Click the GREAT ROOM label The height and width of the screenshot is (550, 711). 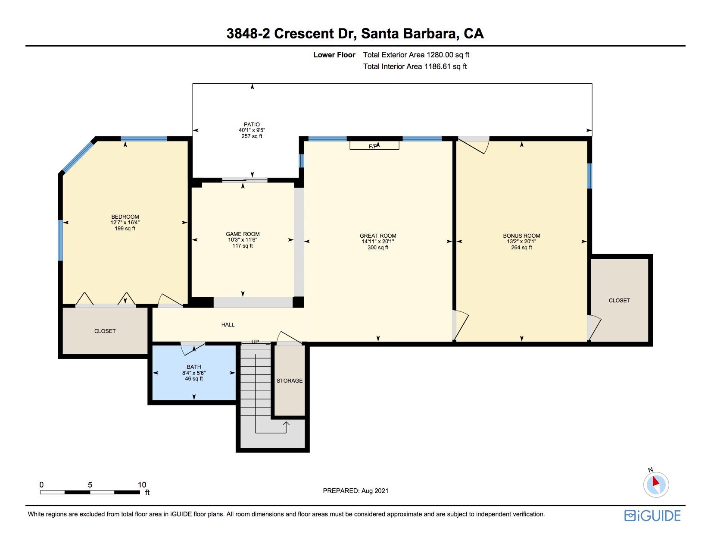pos(378,236)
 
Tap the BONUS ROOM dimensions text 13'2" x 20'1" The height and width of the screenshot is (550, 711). pos(521,242)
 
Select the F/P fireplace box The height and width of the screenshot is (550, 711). pos(374,145)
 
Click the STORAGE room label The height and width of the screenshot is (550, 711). pos(290,380)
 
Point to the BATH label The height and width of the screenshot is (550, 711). pos(194,367)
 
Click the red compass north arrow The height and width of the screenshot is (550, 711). pos(655,481)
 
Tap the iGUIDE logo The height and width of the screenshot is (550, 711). pos(652,515)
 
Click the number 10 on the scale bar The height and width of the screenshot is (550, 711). pos(142,484)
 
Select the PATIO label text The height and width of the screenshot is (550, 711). pos(252,125)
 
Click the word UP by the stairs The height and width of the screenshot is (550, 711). pos(255,342)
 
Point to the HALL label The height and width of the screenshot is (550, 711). pos(228,325)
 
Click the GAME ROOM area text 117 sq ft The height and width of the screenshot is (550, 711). pos(243,246)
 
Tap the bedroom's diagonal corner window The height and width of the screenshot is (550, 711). pos(78,157)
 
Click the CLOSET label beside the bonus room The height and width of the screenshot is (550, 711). pos(619,300)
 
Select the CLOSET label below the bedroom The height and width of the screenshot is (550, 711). pos(105,331)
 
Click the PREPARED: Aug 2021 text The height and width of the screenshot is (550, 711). pos(355,491)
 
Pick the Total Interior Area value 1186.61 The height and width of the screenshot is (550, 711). pos(437,66)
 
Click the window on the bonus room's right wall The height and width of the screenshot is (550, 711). pos(589,176)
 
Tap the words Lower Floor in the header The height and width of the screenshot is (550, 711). pos(334,55)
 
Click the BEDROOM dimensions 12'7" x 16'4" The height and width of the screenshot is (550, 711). pos(125,223)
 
